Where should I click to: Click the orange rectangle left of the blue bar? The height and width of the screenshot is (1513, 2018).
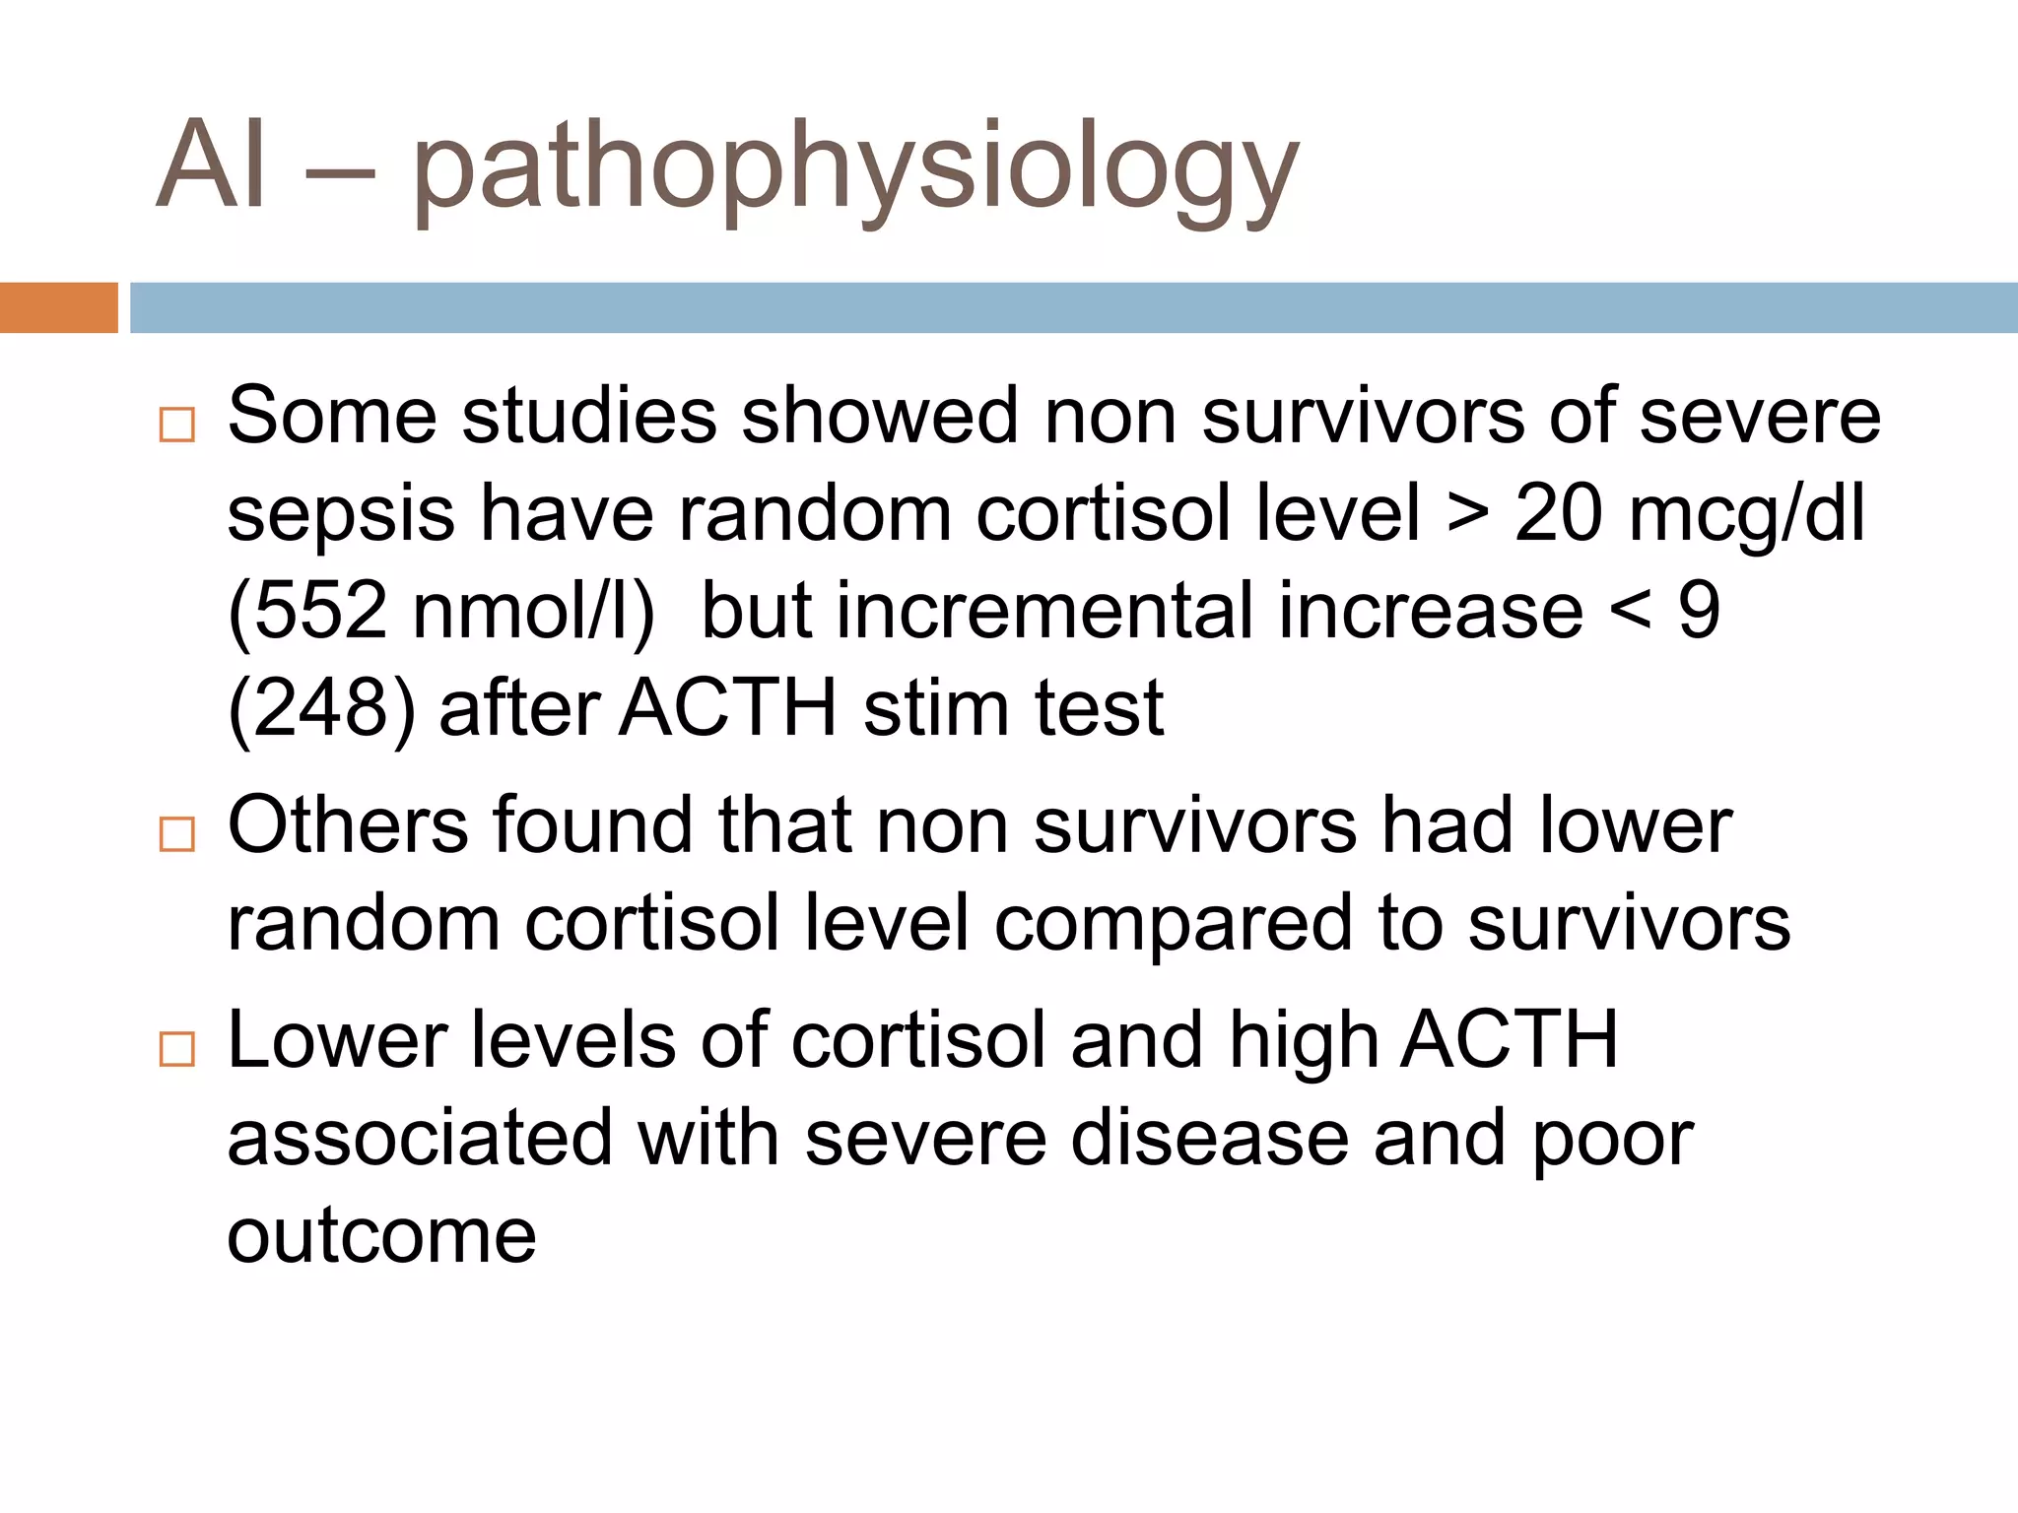[x=58, y=307]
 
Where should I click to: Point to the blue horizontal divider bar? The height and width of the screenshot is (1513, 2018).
[x=1073, y=307]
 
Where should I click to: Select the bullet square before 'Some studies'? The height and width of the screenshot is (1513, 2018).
[x=177, y=425]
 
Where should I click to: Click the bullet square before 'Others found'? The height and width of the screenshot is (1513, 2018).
[x=177, y=834]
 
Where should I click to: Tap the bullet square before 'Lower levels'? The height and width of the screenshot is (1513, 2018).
[x=177, y=1049]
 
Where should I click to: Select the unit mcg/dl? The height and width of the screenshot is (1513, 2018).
[x=1746, y=514]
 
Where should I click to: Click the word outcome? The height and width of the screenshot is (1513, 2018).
[x=381, y=1235]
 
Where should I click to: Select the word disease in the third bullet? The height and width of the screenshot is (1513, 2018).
[x=1209, y=1138]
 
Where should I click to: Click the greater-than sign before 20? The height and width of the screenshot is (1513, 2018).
[x=1467, y=514]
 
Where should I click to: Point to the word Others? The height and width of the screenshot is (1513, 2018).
[x=348, y=824]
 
